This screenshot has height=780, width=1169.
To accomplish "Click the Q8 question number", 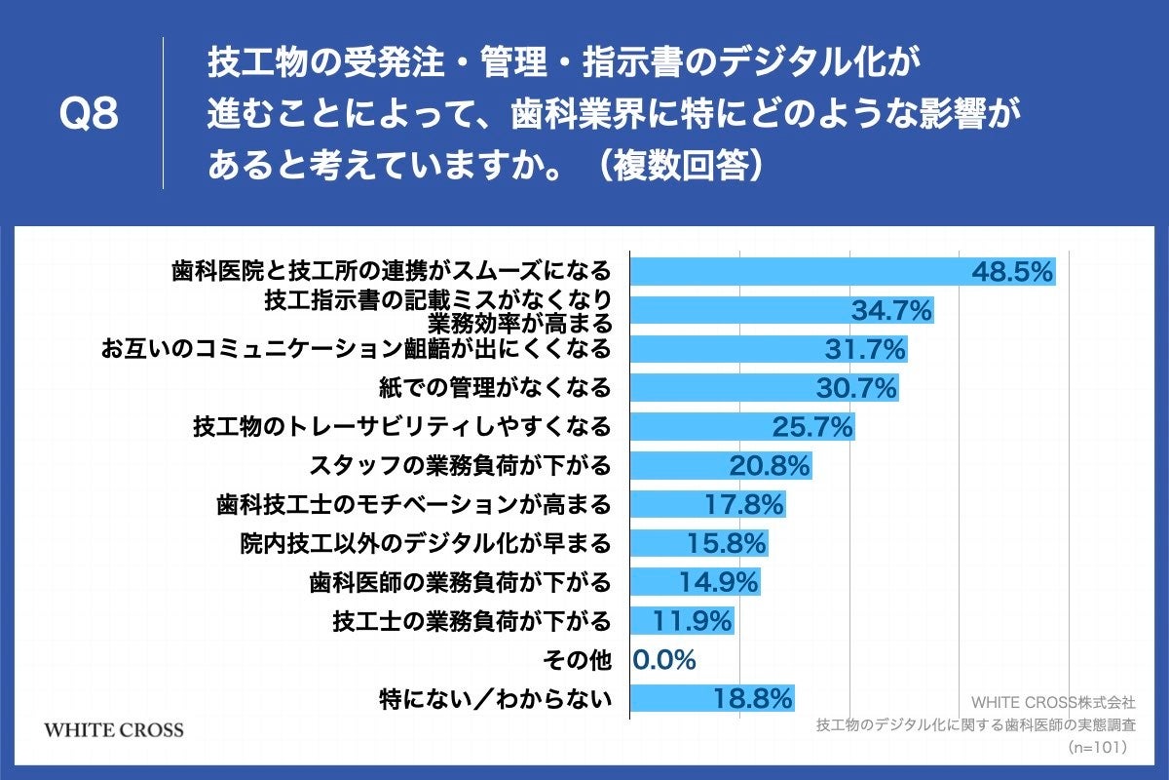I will (x=89, y=115).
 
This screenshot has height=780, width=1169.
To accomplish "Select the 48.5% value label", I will (x=1012, y=272).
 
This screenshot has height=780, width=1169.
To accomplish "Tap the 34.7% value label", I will (x=892, y=311).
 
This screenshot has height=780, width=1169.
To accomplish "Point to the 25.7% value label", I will (x=812, y=427).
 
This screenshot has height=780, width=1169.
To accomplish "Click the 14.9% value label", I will (x=718, y=582).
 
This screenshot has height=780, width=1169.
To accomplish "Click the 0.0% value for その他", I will (x=664, y=660).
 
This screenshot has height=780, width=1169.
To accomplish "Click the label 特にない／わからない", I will (x=495, y=698).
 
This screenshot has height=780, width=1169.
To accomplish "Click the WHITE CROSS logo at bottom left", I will (x=114, y=729).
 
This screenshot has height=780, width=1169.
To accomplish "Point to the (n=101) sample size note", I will (x=1097, y=747).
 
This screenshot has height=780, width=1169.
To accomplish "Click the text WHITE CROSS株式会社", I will (x=1053, y=702).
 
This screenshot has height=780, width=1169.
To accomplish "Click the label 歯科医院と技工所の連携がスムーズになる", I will (x=391, y=270).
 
